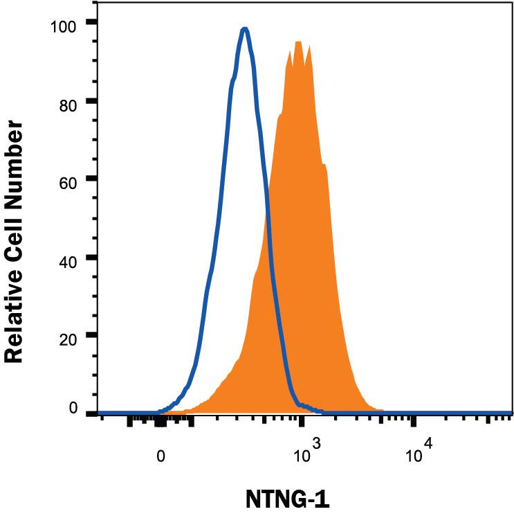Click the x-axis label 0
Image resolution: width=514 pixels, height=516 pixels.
(x=160, y=456)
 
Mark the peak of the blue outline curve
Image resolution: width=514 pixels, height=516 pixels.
(x=244, y=29)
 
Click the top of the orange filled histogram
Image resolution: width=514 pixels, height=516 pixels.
(x=298, y=42)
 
